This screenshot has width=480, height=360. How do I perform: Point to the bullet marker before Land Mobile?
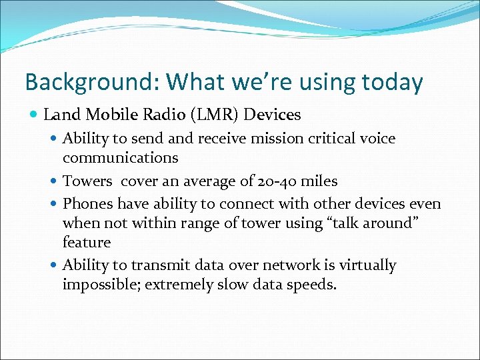[x=34, y=115]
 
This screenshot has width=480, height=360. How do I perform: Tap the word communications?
[x=120, y=158]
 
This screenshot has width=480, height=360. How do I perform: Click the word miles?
[x=319, y=181]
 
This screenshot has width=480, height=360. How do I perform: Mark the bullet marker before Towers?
[x=53, y=181]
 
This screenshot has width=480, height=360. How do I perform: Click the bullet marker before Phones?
[x=53, y=204]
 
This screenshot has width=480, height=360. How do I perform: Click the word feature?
[x=87, y=242]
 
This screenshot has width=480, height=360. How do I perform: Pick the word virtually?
[x=367, y=265]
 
